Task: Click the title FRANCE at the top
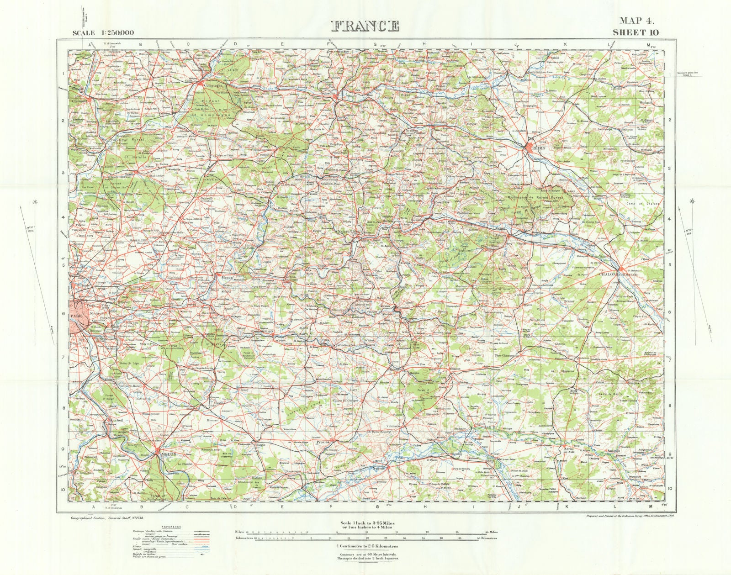[364, 26]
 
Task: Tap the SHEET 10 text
[636, 32]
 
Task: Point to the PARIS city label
[76, 316]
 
